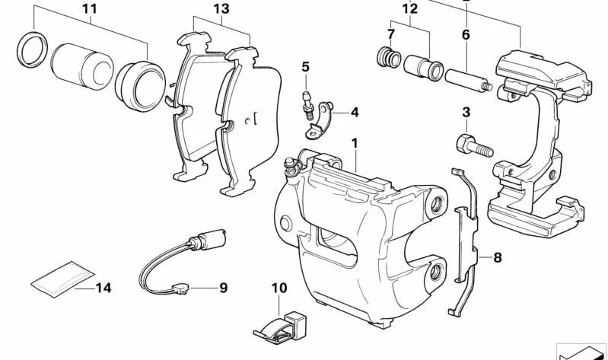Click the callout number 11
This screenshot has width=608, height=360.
[90, 10]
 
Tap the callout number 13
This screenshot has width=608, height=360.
[221, 10]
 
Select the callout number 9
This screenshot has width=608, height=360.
[223, 288]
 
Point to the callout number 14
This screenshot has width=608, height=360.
[104, 288]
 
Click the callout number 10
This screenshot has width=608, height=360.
[279, 288]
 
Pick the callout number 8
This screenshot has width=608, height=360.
[497, 258]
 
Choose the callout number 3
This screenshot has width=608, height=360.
[466, 113]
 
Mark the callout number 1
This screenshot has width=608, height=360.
[354, 142]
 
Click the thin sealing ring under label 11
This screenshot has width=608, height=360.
[30, 49]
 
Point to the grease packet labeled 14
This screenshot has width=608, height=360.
[62, 278]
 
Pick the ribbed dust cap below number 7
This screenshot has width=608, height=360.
[389, 58]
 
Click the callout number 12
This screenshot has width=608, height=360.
[410, 10]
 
